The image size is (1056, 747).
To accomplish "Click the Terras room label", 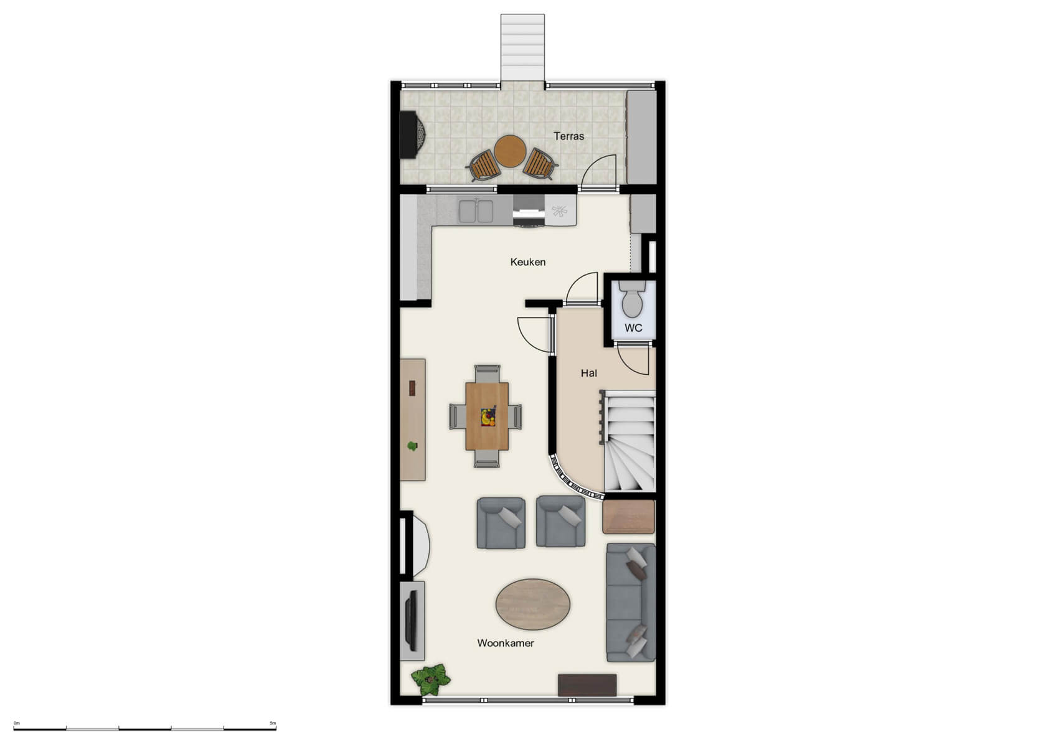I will click(x=568, y=136).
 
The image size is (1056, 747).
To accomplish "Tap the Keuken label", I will click(x=527, y=262).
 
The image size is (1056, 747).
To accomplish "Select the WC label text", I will click(x=633, y=328).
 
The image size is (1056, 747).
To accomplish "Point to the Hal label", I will click(x=588, y=373).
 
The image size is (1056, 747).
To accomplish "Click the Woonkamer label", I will click(x=505, y=643).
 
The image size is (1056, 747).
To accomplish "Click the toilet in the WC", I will click(x=633, y=299).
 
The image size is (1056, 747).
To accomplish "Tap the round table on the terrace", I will click(x=510, y=151).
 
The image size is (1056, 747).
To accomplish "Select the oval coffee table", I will click(x=533, y=604).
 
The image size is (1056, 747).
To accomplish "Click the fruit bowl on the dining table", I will click(x=488, y=416).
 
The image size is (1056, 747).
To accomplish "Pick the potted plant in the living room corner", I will click(x=430, y=680).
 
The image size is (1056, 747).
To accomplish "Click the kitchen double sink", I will click(x=476, y=211).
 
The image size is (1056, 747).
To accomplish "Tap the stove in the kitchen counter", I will click(x=529, y=210).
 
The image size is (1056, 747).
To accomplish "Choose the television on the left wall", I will click(x=411, y=620).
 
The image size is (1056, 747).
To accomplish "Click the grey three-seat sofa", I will click(x=631, y=602).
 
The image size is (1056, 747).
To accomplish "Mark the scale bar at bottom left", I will click(x=144, y=728).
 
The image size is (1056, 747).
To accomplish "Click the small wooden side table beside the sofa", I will click(x=628, y=517).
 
